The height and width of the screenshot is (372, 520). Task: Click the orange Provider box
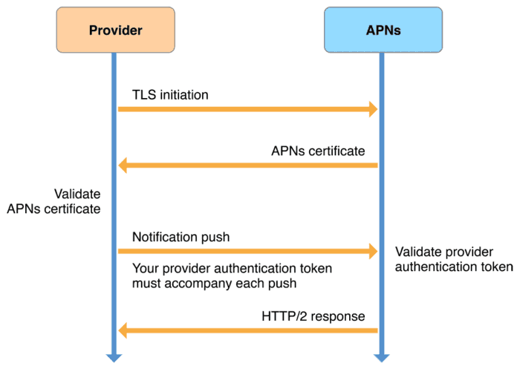(115, 30)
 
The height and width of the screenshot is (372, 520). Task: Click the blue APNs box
(383, 30)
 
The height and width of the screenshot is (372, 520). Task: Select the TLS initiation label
(170, 95)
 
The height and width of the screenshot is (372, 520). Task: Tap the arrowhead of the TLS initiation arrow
(374, 110)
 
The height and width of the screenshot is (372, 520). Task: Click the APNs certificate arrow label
(318, 151)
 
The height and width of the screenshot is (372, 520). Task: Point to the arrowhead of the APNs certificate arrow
(123, 166)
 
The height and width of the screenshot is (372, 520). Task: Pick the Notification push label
(181, 237)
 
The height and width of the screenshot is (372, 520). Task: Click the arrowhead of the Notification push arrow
(374, 252)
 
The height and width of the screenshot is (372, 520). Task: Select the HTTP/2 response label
(313, 316)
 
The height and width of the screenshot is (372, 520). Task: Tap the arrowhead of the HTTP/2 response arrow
(123, 330)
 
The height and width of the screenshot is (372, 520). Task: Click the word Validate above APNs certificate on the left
(77, 194)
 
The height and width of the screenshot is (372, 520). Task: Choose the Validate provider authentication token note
(453, 259)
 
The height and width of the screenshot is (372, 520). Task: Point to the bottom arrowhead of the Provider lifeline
(114, 357)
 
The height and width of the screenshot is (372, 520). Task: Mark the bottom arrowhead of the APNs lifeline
(381, 357)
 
